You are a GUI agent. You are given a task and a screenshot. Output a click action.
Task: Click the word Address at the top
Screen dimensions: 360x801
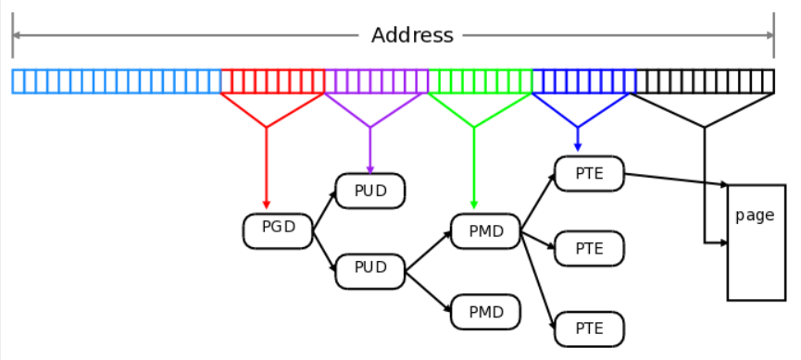tap(412, 36)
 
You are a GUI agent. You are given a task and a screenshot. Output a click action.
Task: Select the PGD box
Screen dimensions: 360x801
tap(278, 230)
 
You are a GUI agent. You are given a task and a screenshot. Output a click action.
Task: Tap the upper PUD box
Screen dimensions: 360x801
tap(370, 191)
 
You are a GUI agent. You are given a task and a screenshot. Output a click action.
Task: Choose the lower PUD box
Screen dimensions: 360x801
tap(370, 269)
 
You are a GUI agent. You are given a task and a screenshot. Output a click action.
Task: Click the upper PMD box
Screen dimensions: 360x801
tap(485, 230)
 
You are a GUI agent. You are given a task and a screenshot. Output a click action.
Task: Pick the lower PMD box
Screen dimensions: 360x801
tap(485, 312)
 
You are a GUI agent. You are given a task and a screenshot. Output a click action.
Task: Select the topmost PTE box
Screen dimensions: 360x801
tap(589, 173)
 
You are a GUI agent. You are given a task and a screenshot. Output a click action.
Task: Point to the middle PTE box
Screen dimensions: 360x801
tap(589, 248)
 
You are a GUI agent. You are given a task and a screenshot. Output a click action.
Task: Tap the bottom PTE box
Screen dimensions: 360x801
tap(589, 329)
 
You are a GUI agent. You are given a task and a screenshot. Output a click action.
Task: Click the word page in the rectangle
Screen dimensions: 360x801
tap(754, 216)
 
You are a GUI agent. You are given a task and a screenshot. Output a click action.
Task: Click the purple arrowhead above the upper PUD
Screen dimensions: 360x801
tap(370, 168)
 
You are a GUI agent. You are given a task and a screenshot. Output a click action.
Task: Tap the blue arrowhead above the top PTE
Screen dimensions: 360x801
tap(578, 148)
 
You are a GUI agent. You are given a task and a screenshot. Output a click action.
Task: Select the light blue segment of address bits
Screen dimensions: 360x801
tap(117, 81)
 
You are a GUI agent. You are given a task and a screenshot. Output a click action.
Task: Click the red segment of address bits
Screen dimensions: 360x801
tap(273, 81)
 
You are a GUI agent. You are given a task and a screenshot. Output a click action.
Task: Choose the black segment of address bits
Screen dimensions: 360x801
tap(705, 81)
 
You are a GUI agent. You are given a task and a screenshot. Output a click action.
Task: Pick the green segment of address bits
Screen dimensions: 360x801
tap(481, 81)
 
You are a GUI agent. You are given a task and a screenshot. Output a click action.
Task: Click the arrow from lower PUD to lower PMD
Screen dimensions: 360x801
tap(428, 291)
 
